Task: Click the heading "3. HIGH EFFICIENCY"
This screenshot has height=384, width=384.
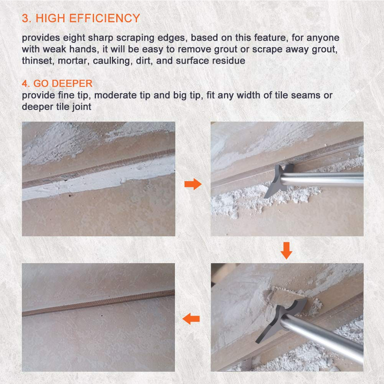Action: pyautogui.click(x=81, y=18)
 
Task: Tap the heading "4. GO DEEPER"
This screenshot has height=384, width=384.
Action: pyautogui.click(x=57, y=84)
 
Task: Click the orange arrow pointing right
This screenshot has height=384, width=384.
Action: pyautogui.click(x=193, y=184)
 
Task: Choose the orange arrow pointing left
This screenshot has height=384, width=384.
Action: pyautogui.click(x=191, y=318)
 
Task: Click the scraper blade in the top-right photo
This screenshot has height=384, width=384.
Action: pyautogui.click(x=279, y=180)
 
